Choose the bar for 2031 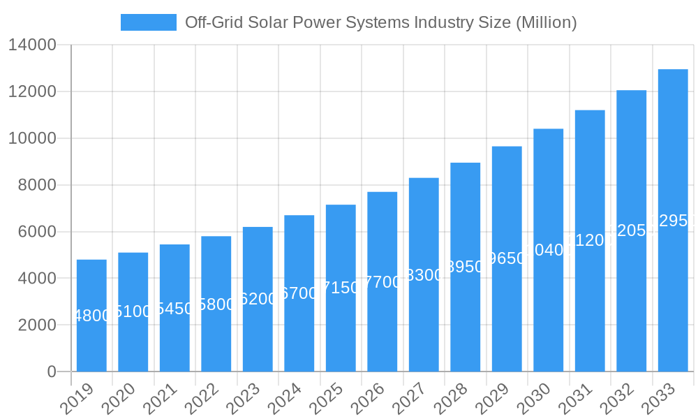590,240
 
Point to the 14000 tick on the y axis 32,45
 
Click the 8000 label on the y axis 32,185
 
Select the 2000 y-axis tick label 32,325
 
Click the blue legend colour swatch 149,22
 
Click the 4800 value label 91,316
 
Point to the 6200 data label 258,299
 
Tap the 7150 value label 341,288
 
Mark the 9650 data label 507,258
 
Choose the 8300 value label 424,275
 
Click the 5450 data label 174,309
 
